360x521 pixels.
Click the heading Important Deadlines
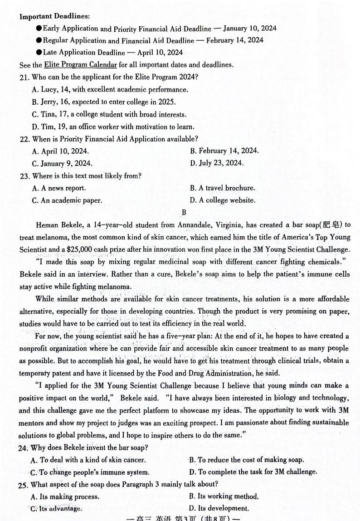coord(48,17)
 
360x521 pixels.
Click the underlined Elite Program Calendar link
coord(80,65)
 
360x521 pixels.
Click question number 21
coord(24,78)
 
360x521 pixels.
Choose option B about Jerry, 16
coord(104,102)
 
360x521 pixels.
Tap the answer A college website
coord(222,200)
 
